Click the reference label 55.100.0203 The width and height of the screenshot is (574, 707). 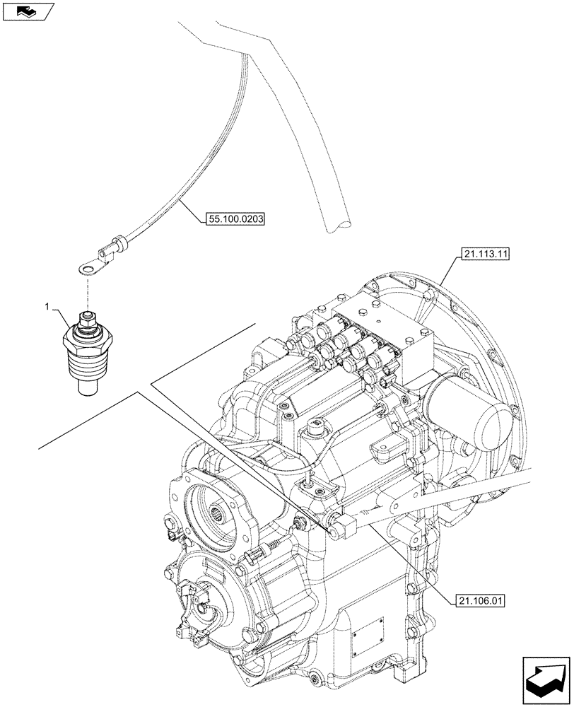click(235, 220)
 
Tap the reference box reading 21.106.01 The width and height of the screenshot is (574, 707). click(476, 602)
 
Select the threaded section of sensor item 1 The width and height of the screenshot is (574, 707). click(86, 363)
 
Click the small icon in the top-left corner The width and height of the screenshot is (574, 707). click(28, 11)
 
